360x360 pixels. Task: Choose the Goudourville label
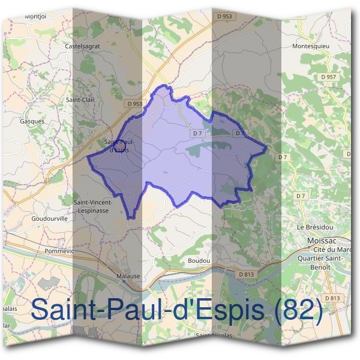click(49, 219)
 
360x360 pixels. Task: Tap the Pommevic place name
click(58, 250)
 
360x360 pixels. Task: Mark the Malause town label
click(128, 276)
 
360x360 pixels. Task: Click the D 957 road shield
click(328, 77)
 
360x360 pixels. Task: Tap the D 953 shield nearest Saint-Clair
click(135, 104)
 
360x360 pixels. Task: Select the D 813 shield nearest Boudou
click(247, 274)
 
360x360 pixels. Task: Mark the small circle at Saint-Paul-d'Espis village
click(119, 145)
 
